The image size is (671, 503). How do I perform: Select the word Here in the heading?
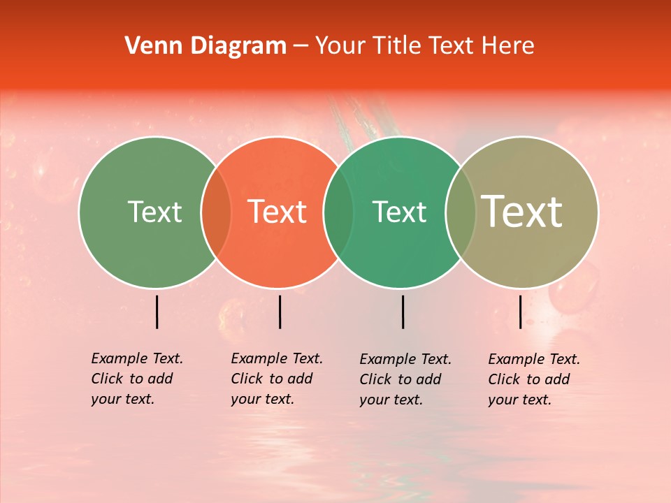(x=510, y=46)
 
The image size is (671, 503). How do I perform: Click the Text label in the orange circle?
(x=277, y=212)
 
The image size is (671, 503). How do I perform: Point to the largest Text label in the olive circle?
(x=522, y=212)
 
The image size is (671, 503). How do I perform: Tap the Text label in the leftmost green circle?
(x=154, y=212)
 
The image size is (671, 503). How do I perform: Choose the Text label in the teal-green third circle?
(x=399, y=212)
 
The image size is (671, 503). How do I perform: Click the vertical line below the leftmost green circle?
(x=157, y=312)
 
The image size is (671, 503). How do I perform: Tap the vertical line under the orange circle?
(x=280, y=312)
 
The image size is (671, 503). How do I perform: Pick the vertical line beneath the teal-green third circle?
(x=403, y=312)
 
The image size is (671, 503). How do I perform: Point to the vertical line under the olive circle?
(x=520, y=312)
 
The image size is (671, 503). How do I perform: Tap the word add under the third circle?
(x=428, y=379)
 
